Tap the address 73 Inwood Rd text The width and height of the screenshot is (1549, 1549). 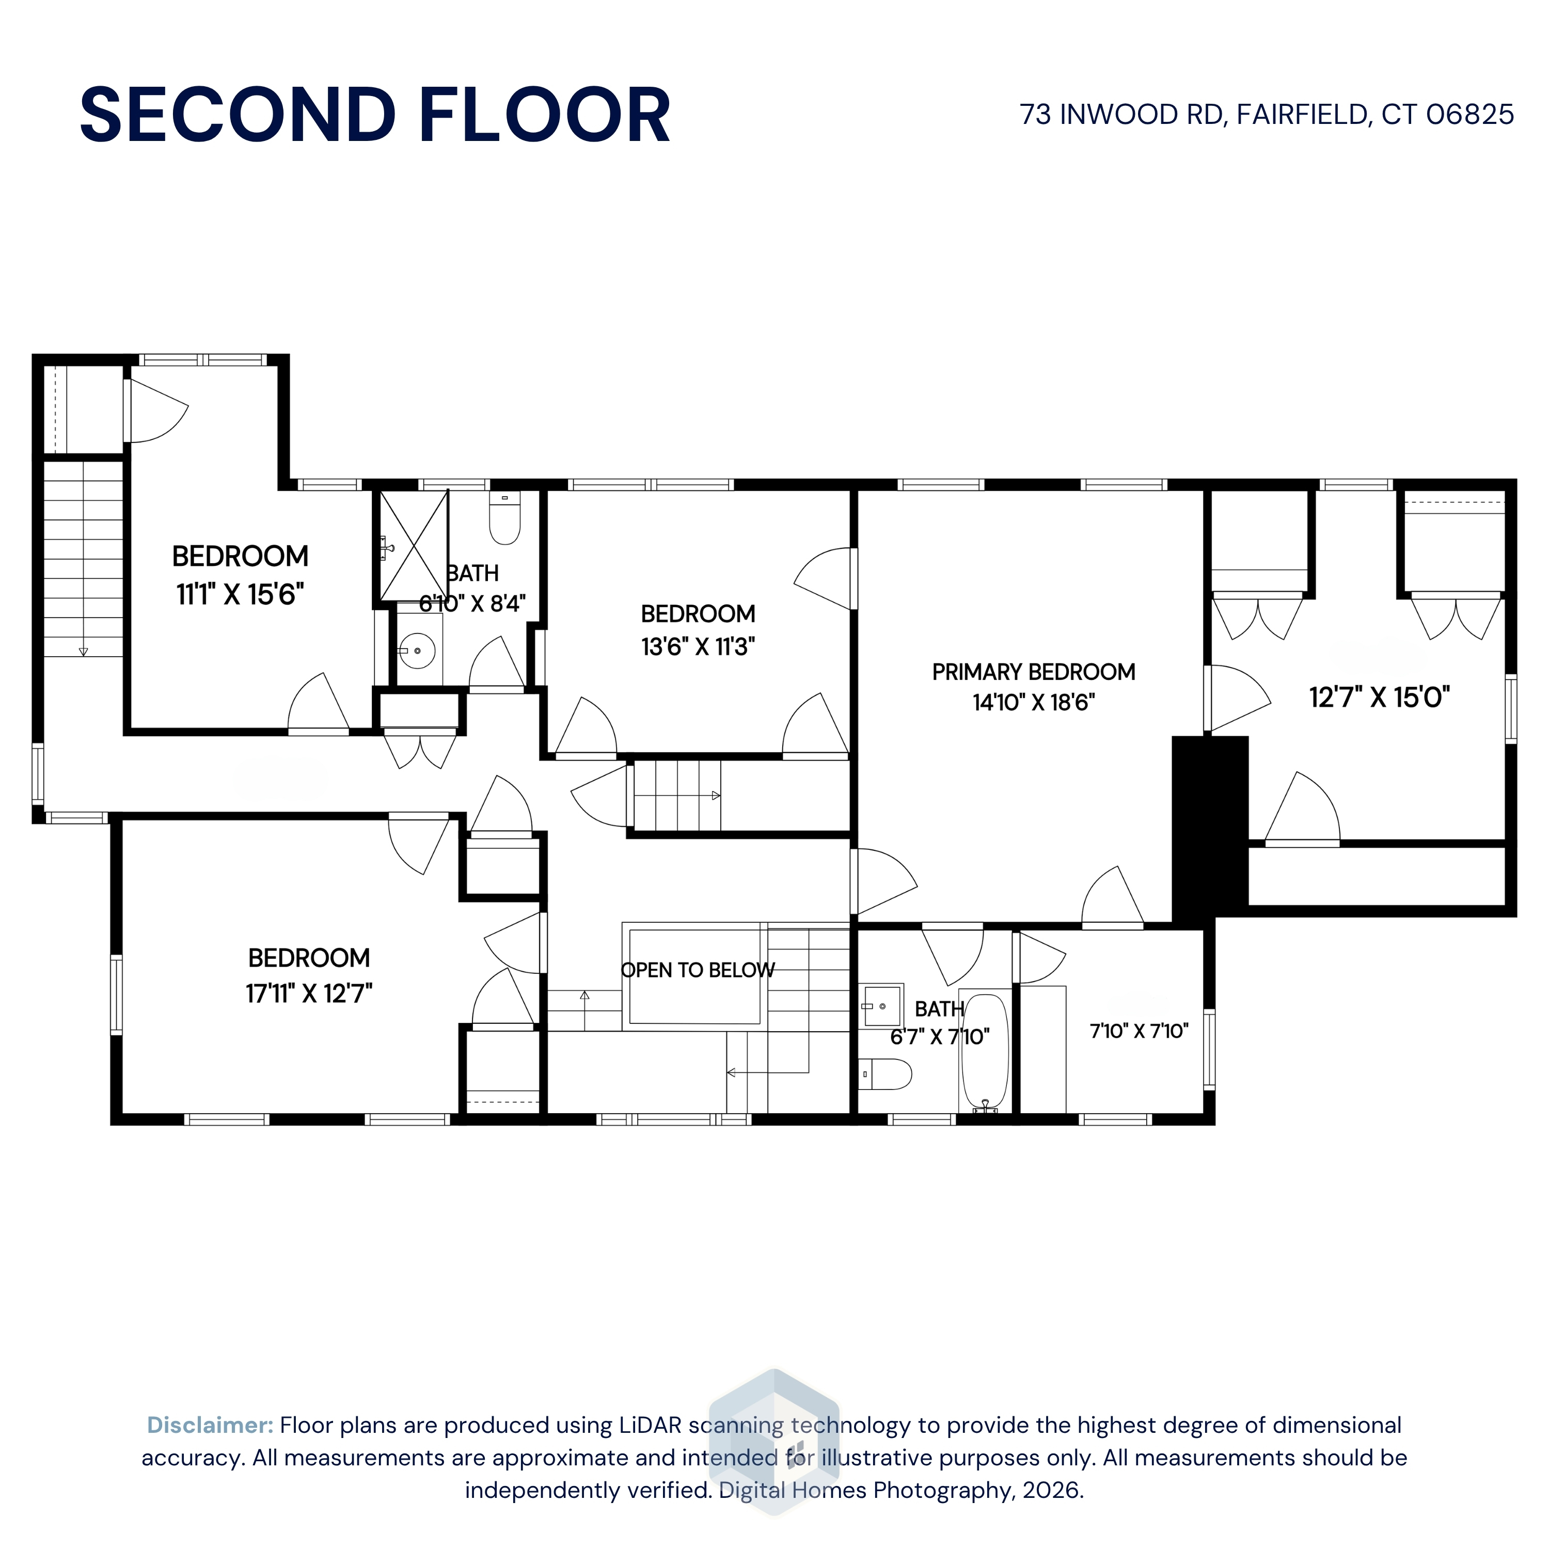[x=1123, y=115]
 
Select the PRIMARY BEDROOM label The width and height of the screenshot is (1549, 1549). [x=1034, y=672]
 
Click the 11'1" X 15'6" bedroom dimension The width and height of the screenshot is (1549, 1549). [x=241, y=594]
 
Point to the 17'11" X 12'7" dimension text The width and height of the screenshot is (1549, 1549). [x=309, y=994]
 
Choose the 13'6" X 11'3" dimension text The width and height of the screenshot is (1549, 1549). [x=698, y=646]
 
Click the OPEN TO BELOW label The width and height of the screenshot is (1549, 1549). [x=698, y=970]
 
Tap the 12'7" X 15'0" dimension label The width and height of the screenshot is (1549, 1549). [x=1379, y=698]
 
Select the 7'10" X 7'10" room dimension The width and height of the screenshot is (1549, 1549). [x=1139, y=1031]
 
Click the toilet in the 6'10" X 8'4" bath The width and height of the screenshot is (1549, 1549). [x=504, y=517]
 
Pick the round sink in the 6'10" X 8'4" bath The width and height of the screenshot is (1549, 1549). [x=417, y=650]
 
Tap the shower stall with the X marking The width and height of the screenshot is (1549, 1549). [x=414, y=546]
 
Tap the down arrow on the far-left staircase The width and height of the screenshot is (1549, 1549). [x=83, y=652]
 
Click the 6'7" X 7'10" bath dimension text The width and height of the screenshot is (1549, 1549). [x=940, y=1037]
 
